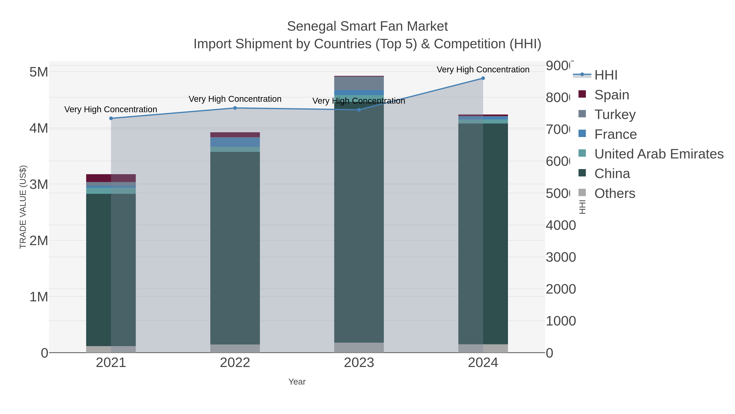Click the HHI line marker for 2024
point(483,78)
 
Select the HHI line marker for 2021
point(111,118)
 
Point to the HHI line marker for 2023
point(359,110)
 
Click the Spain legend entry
point(611,95)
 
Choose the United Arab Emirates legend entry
point(658,154)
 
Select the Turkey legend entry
point(615,114)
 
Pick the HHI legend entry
point(606,75)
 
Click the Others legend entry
point(615,193)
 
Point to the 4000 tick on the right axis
point(560,226)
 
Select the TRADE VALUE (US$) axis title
point(23,207)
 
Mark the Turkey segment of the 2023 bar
point(359,83)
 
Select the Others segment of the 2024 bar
point(483,348)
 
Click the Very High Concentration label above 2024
point(483,70)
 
